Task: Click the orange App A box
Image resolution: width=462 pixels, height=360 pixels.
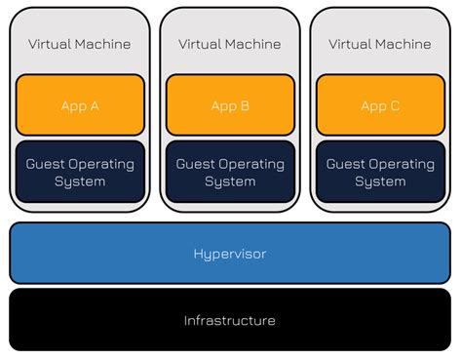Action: click(x=80, y=106)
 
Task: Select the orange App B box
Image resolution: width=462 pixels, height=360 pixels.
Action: click(x=230, y=106)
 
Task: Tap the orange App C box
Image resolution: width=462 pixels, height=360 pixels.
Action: click(x=380, y=106)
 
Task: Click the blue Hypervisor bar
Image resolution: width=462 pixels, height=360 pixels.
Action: click(x=230, y=253)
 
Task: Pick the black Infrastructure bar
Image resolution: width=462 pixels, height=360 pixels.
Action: click(x=230, y=320)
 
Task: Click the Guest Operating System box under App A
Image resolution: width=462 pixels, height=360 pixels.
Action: click(x=80, y=172)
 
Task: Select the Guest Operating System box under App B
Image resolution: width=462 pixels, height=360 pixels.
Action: click(x=230, y=172)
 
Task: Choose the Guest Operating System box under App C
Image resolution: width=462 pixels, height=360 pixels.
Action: click(x=380, y=172)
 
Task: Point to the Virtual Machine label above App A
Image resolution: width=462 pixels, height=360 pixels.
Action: click(x=80, y=44)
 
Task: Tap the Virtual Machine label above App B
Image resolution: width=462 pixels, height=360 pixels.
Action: click(x=230, y=44)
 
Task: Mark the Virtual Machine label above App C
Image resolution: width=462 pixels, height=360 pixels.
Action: click(x=380, y=44)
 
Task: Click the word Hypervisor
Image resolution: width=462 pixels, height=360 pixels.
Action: click(x=230, y=254)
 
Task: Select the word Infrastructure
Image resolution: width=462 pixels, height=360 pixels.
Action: click(x=230, y=320)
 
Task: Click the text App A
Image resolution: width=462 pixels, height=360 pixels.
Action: click(x=80, y=106)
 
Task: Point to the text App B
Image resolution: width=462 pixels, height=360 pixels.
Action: click(x=230, y=106)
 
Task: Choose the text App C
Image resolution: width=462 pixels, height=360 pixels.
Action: click(x=380, y=106)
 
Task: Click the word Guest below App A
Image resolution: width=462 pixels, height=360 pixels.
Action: click(x=46, y=164)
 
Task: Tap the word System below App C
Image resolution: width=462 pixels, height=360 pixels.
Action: click(x=380, y=181)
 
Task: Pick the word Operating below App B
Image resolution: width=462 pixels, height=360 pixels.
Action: click(x=251, y=164)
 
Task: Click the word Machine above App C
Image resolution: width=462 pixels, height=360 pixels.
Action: click(x=404, y=44)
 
